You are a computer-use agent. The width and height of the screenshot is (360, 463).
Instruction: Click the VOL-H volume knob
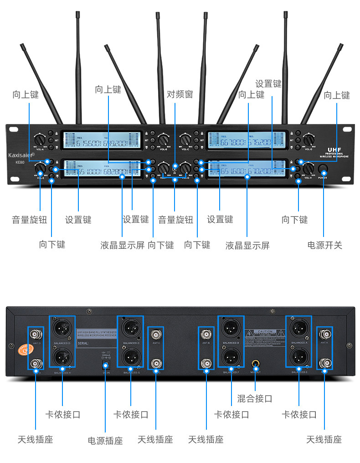308,169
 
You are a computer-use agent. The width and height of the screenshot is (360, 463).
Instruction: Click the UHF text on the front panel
334,149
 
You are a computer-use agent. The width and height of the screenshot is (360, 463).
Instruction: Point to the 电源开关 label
324,245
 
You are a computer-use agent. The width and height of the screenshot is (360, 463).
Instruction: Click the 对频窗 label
180,94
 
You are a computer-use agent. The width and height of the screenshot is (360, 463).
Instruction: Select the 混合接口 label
255,398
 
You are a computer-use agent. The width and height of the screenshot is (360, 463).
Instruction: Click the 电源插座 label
105,441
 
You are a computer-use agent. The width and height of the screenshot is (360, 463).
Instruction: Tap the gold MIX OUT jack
256,364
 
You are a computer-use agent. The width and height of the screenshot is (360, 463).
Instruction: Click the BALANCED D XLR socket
62,328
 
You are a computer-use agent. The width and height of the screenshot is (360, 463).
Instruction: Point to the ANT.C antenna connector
156,334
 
